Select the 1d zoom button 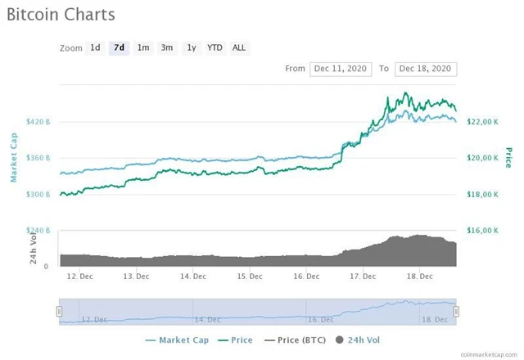[96, 47]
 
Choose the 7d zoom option [120, 47]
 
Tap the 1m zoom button [143, 47]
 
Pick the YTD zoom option [215, 47]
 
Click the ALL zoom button [239, 47]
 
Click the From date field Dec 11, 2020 [341, 69]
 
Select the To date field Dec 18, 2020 [425, 69]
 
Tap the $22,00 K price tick [482, 122]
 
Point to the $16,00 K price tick [482, 231]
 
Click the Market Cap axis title [14, 157]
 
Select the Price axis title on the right [508, 157]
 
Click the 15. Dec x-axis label [250, 276]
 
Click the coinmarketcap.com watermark [488, 353]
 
